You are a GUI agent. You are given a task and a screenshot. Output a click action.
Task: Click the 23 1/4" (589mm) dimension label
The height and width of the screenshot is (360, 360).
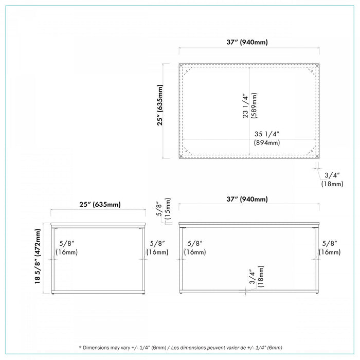pos(249,105)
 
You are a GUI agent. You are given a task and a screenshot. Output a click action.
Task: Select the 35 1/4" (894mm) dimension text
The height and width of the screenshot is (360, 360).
pos(267,138)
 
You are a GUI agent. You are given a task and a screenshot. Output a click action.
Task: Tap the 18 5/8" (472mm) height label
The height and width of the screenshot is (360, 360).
pos(38,256)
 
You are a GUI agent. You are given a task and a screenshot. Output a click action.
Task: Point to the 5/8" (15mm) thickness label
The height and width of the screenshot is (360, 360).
pos(164,209)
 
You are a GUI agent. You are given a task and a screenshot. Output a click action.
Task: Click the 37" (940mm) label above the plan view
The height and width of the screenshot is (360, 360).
pos(247,42)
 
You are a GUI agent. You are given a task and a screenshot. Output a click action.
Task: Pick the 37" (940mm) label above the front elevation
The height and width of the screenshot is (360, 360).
pos(247,199)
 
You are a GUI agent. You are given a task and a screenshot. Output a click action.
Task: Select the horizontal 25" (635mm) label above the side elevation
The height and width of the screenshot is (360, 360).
pos(100,204)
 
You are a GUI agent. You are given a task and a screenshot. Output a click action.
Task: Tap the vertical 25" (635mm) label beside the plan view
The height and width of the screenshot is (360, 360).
pos(160,105)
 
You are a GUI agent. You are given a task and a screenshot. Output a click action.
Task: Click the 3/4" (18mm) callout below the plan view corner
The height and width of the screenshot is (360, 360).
pos(332,179)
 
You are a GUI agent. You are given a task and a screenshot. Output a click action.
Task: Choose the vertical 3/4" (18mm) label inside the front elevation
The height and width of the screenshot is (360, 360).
pos(257,277)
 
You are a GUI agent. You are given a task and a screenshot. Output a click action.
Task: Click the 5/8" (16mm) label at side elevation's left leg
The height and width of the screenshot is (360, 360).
pos(66,248)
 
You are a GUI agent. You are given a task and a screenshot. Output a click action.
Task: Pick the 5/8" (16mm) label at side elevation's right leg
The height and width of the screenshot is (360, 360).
pos(157,248)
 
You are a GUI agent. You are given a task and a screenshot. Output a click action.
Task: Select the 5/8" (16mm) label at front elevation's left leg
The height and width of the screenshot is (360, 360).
pos(195,248)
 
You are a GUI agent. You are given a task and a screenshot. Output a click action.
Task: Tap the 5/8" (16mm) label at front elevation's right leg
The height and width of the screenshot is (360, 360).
pos(330,248)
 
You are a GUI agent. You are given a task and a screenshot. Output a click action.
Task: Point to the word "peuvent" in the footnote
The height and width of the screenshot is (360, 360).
pos(216,348)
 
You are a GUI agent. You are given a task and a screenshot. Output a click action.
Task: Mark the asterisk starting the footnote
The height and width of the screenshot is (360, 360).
pos(80,347)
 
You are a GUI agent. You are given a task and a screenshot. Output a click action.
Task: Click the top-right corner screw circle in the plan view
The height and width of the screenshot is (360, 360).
pos(317,66)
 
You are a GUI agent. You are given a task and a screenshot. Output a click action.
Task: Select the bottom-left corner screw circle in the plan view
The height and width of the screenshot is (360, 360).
pos(181,156)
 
